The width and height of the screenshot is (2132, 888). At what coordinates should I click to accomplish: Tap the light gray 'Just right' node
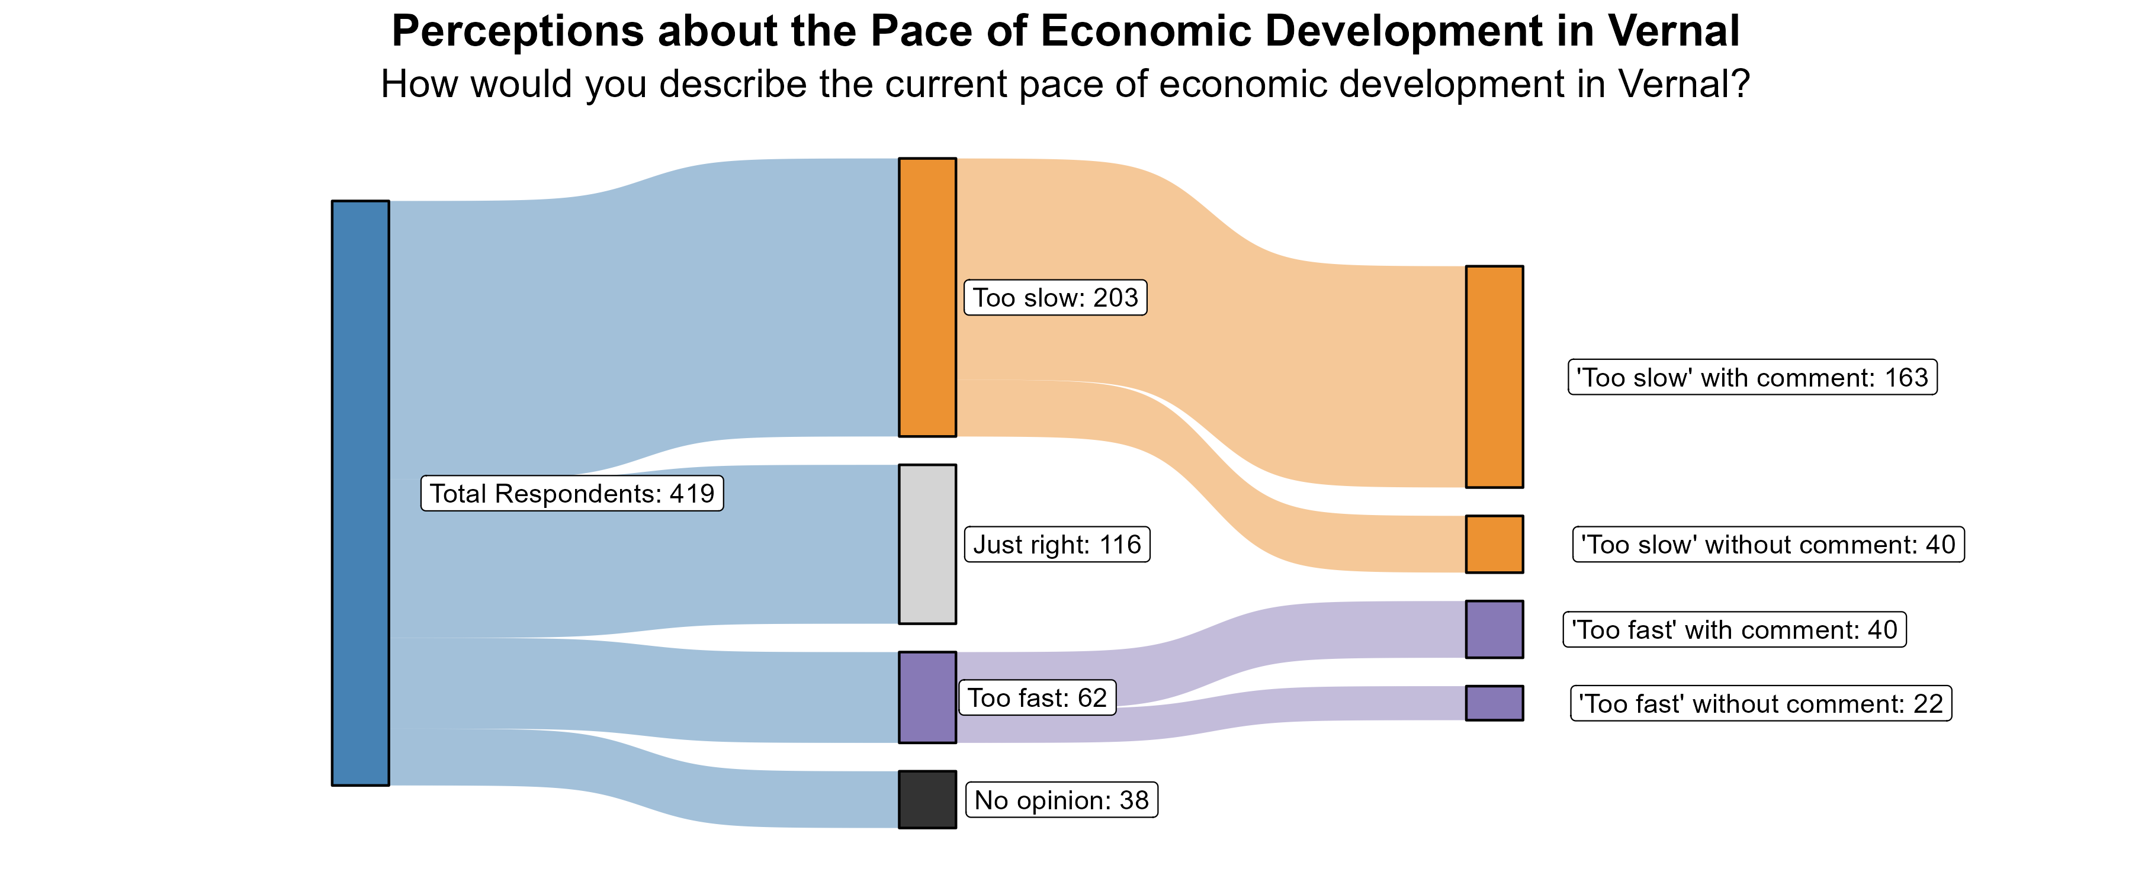[927, 543]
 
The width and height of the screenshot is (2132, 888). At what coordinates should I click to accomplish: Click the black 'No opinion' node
[927, 799]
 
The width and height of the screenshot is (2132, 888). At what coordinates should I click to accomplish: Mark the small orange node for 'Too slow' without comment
[1494, 543]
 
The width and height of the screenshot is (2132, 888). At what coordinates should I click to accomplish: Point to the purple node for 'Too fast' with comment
[1494, 629]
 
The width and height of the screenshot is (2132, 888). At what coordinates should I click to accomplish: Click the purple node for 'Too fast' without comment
[1494, 703]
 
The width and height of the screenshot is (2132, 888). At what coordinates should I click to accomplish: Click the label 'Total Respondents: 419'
[572, 493]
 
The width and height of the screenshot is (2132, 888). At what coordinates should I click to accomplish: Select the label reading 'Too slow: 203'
[1055, 297]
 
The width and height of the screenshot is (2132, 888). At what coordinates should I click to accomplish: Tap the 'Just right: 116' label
[1057, 545]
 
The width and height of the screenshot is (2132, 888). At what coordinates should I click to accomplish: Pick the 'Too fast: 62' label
[1037, 697]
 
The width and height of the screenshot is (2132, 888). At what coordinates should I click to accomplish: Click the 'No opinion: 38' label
[1062, 800]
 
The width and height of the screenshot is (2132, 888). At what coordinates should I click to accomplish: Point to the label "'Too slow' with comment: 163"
[1752, 377]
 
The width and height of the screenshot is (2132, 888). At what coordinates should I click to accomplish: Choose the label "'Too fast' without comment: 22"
[1761, 703]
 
